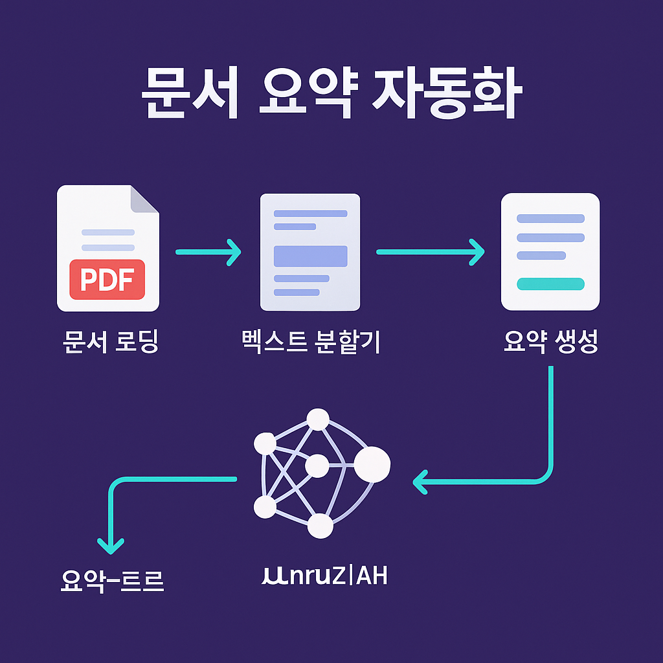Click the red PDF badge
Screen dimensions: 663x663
(x=107, y=279)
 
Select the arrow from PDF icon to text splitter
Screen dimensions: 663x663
(x=208, y=252)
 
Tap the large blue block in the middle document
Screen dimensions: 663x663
(x=310, y=256)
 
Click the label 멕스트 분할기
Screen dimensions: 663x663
(x=310, y=343)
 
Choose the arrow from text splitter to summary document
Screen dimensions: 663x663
(x=430, y=252)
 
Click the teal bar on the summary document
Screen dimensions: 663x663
(x=550, y=284)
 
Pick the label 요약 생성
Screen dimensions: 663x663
(x=550, y=343)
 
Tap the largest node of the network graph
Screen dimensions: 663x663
(x=372, y=464)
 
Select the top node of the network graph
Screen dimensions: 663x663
(x=318, y=419)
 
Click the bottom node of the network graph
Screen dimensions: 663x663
(x=320, y=526)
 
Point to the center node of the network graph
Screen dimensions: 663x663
(x=317, y=466)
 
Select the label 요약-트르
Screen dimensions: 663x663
(x=111, y=581)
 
